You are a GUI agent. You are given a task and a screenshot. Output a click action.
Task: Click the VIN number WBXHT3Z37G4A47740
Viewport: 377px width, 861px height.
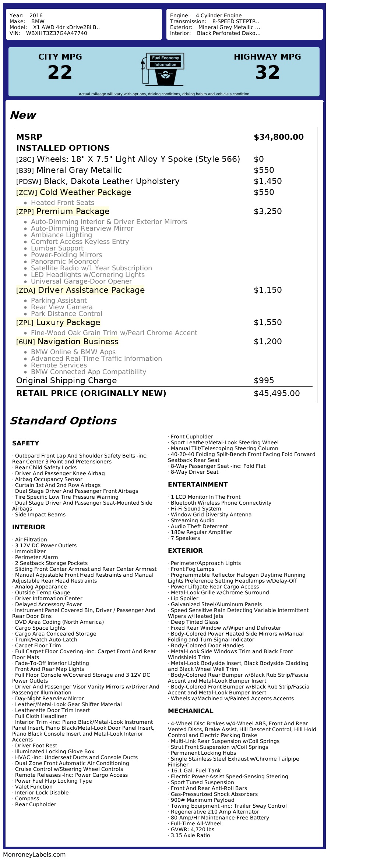(x=56, y=33)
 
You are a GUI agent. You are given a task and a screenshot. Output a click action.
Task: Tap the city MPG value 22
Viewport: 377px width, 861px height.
(x=60, y=72)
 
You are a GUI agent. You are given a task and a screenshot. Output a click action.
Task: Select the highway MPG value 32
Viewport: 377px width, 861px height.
(x=267, y=72)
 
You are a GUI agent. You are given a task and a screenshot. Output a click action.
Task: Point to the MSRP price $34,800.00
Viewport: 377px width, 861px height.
(x=278, y=137)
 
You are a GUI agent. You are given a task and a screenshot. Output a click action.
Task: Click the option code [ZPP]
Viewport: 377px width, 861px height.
(x=25, y=211)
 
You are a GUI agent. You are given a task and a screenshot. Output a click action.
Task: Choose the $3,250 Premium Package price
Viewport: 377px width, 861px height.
(x=268, y=211)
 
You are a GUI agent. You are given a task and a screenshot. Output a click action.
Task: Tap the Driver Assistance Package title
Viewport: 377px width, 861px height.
(x=91, y=290)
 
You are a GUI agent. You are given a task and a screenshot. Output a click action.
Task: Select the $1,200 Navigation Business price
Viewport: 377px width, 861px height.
(x=268, y=342)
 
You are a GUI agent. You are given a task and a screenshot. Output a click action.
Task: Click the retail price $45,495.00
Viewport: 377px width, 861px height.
(x=276, y=394)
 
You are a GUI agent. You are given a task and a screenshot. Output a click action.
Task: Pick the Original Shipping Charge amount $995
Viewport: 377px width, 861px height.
(x=264, y=381)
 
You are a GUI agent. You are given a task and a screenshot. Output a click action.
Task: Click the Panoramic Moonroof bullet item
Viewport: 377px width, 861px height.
(x=65, y=261)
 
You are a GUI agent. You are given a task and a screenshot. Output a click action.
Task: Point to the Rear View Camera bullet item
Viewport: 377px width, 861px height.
(x=61, y=307)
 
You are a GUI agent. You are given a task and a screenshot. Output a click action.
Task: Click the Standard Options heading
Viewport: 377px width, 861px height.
(x=63, y=421)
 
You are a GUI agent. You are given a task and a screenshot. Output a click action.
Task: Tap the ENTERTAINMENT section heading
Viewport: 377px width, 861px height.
(x=198, y=484)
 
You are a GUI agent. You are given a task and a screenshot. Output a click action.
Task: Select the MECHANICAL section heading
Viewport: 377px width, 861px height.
(x=190, y=711)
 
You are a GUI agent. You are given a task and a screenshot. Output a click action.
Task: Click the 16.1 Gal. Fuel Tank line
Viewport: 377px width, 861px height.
(x=195, y=771)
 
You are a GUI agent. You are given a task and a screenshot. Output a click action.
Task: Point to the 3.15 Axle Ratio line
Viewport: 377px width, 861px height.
(x=190, y=835)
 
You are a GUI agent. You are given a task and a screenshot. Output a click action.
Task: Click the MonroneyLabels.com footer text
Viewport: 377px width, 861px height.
(x=34, y=854)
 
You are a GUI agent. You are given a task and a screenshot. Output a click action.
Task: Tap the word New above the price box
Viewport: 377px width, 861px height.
(x=23, y=115)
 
